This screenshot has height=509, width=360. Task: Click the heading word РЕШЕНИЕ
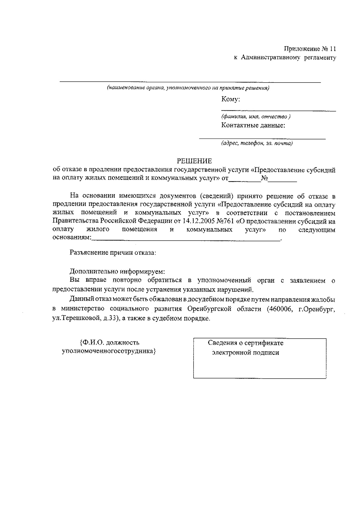tap(194, 161)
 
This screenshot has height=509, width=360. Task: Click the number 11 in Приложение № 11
tap(333, 49)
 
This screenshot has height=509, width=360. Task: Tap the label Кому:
tap(230, 99)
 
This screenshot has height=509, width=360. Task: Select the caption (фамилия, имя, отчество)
tap(256, 117)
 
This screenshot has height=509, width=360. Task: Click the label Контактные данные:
tap(253, 125)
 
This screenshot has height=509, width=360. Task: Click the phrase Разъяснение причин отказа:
tap(113, 253)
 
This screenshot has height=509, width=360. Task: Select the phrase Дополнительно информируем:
tap(117, 272)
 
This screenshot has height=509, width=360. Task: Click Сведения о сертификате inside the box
tap(245, 343)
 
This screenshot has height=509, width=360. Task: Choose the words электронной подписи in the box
tap(245, 353)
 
